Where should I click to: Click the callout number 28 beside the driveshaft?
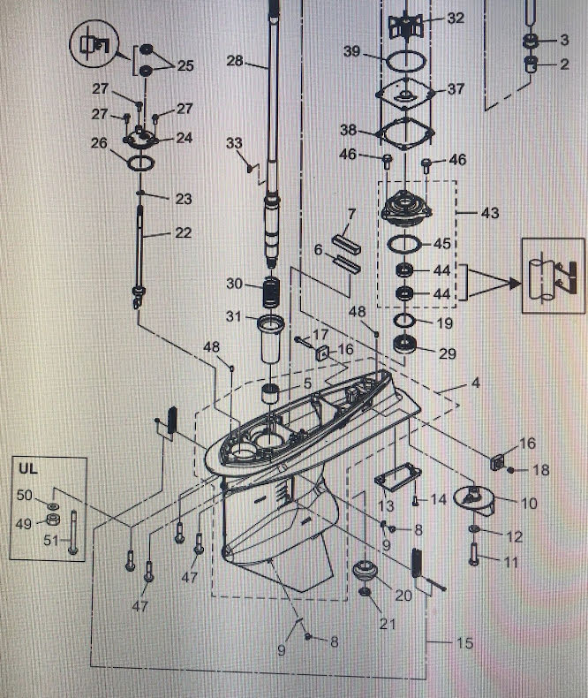[234, 61]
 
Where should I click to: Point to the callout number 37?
[456, 89]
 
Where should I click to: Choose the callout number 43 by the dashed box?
[490, 214]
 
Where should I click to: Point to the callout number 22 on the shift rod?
[182, 233]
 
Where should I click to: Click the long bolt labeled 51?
[74, 534]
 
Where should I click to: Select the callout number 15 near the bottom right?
[464, 643]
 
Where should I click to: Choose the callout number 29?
[448, 353]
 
